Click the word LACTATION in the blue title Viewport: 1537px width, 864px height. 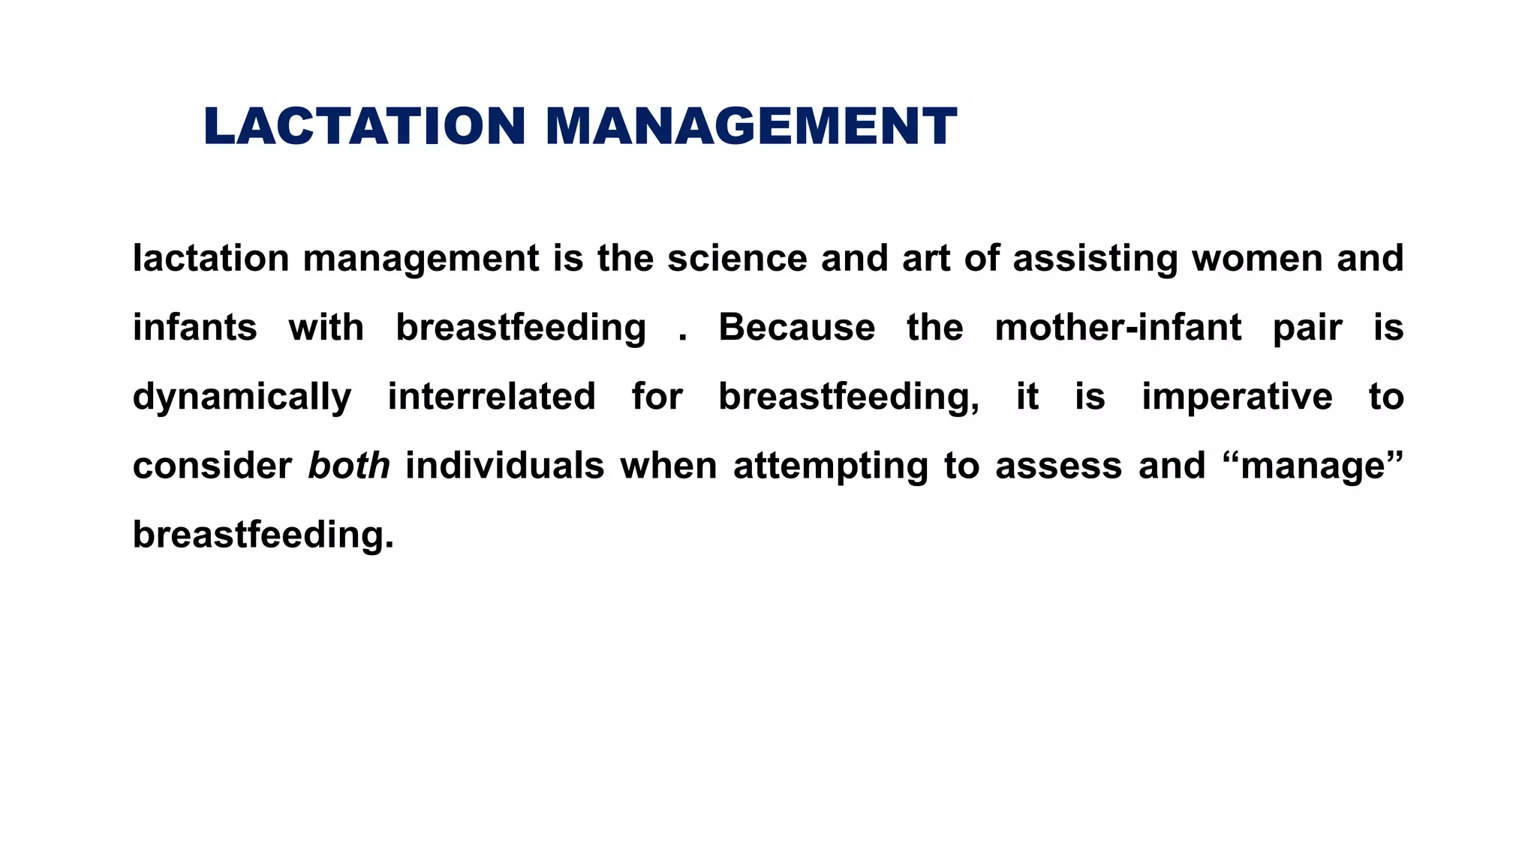point(364,126)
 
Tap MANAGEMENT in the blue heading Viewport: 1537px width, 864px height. point(751,126)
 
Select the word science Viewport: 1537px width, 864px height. point(737,258)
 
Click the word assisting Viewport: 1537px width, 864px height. point(1095,259)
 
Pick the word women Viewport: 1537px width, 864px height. point(1257,258)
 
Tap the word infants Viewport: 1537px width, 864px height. point(195,328)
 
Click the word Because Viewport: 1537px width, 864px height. point(797,328)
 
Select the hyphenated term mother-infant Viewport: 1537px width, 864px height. point(1118,328)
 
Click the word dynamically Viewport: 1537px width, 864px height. point(242,397)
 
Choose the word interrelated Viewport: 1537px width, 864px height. point(492,397)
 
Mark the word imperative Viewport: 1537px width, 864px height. point(1237,397)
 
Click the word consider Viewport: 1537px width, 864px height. point(212,466)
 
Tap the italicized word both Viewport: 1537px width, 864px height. point(349,466)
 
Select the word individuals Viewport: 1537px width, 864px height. point(505,466)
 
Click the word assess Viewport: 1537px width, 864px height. point(1059,466)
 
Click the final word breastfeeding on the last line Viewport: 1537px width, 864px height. point(263,535)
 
